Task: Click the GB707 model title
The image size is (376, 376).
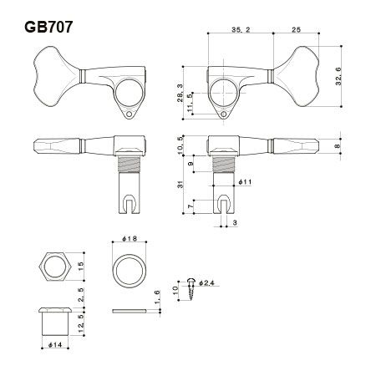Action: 48,28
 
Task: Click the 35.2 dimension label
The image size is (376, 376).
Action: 241,29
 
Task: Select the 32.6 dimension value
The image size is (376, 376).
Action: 338,76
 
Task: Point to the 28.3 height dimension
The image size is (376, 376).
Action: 180,93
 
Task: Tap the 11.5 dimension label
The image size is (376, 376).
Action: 190,103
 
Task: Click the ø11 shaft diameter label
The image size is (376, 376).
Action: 245,182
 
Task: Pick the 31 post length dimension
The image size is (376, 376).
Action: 180,185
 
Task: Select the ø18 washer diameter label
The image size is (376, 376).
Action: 130,239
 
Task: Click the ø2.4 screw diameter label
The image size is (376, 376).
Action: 206,283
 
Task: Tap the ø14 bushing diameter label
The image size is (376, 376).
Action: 55,345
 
